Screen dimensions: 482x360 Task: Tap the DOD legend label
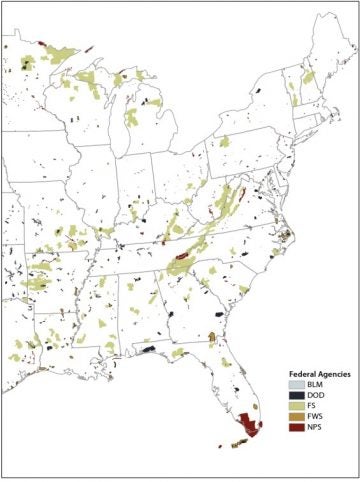pos(315,396)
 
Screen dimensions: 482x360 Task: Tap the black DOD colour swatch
pos(293,396)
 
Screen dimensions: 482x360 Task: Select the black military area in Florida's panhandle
pos(148,350)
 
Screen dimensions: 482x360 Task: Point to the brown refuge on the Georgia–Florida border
pos(213,338)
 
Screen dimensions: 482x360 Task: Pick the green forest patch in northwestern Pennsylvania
pos(224,141)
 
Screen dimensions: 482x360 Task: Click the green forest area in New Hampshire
pos(308,78)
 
